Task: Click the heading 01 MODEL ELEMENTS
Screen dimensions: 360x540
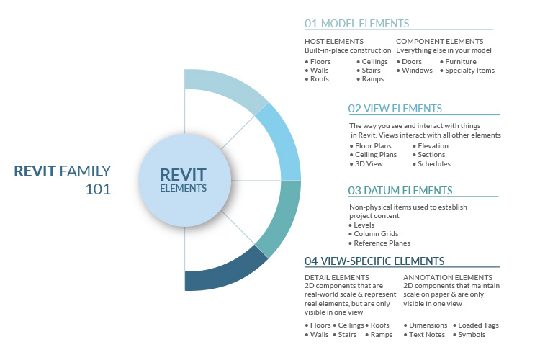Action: (x=357, y=23)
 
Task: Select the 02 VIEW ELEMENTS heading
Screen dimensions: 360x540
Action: (x=395, y=109)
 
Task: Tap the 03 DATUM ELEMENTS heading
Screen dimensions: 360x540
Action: (x=400, y=191)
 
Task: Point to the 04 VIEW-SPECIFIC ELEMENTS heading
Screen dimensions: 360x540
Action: (x=374, y=261)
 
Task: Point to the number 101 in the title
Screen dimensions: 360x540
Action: (x=98, y=190)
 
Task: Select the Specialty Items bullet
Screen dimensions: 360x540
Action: (x=469, y=71)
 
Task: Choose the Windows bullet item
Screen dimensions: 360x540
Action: (x=417, y=71)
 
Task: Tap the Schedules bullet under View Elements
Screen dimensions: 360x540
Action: (x=433, y=163)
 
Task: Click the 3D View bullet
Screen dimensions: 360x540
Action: (x=368, y=163)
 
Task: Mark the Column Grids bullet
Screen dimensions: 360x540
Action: (x=375, y=234)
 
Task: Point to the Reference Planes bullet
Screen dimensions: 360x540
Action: (x=381, y=243)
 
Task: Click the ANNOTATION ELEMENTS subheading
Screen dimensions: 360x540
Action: (x=447, y=276)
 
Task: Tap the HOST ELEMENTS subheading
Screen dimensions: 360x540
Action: (x=333, y=42)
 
